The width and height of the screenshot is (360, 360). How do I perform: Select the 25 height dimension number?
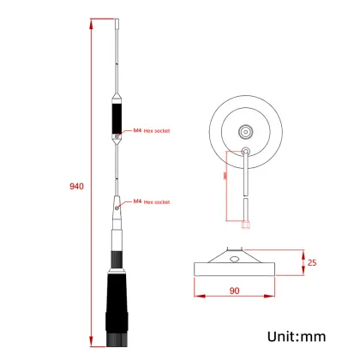[x=315, y=261]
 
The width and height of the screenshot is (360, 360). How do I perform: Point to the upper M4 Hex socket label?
[x=151, y=131]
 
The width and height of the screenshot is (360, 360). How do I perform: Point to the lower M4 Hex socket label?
[x=151, y=201]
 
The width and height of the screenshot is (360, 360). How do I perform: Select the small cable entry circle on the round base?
[x=247, y=151]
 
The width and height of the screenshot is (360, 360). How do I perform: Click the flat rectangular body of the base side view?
[x=234, y=268]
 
